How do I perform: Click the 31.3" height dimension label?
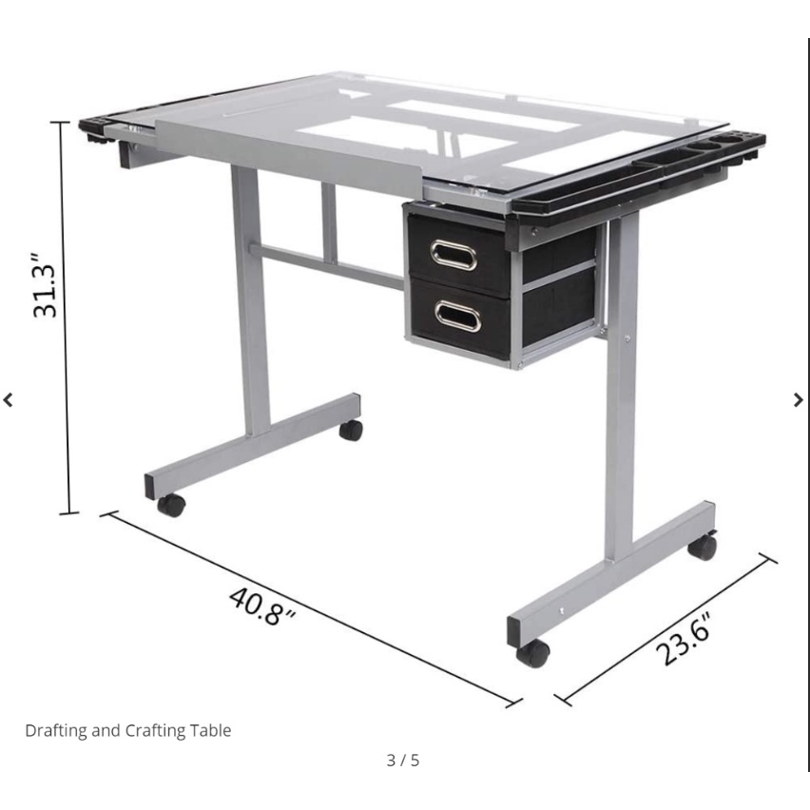coord(45,285)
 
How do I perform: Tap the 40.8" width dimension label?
coord(262,606)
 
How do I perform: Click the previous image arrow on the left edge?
coord(8,400)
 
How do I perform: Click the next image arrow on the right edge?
coord(799,400)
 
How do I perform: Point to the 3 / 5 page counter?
coord(403,761)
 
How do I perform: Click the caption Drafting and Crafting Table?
coord(128,730)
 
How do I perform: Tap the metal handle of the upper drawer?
coord(453,255)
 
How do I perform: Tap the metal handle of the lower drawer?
coord(457,317)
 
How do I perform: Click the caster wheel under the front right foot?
coord(533,653)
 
